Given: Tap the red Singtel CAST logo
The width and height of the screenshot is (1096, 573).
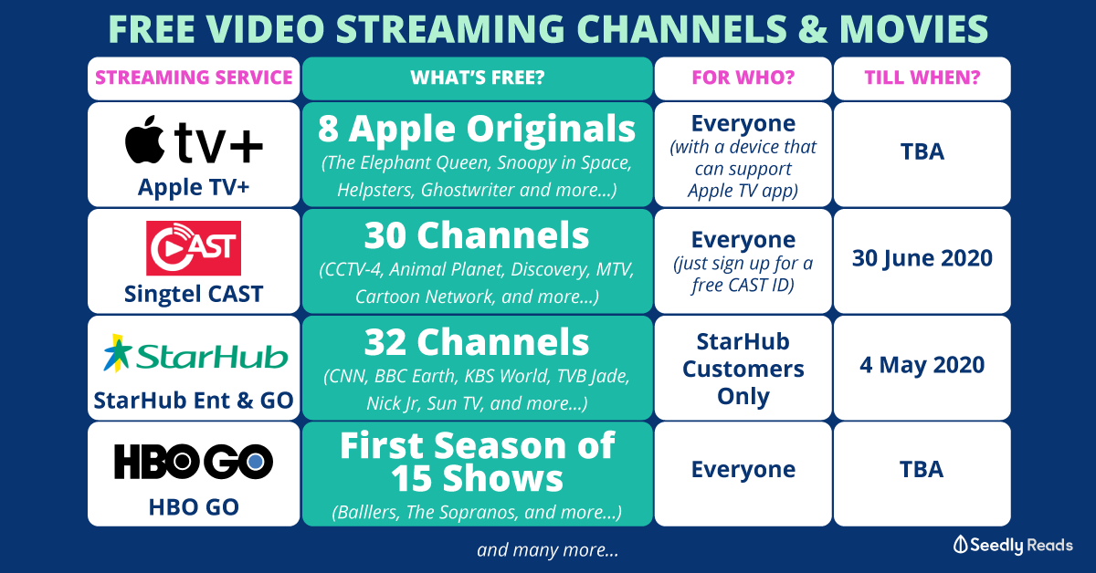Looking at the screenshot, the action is [x=194, y=248].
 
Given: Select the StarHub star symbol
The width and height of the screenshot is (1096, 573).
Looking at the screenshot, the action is [x=118, y=353].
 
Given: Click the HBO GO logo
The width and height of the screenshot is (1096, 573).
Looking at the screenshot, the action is [x=194, y=462].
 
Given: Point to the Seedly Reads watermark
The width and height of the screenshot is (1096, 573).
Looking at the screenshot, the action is [x=1013, y=545].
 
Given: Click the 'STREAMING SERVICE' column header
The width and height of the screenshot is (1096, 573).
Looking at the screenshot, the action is [x=194, y=78].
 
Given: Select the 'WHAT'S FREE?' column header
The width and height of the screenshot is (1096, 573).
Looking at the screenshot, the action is [x=478, y=78].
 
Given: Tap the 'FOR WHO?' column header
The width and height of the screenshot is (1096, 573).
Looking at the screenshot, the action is [x=743, y=78].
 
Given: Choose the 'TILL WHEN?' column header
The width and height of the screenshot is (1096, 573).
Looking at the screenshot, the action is [x=922, y=78].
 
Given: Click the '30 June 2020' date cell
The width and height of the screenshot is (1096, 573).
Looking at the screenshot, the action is [x=922, y=257].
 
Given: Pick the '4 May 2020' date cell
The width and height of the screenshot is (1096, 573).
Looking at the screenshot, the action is [x=922, y=365].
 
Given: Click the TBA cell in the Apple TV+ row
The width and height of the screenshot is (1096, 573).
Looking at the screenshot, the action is [x=922, y=151].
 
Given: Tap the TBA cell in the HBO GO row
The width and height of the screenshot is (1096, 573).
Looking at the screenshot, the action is [x=922, y=469].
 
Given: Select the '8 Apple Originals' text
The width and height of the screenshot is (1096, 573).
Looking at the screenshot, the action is [x=477, y=129].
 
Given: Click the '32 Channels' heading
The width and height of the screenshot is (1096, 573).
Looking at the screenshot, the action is [x=477, y=342].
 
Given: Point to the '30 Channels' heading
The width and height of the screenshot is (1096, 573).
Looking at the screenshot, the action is [x=477, y=235].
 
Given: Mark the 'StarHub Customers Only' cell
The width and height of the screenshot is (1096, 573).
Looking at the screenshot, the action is [x=743, y=369].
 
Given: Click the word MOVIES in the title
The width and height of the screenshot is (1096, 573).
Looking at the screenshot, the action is [x=914, y=28].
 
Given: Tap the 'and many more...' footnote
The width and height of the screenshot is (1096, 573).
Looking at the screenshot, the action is [x=547, y=550].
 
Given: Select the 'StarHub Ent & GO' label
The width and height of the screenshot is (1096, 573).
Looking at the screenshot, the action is [x=194, y=401].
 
